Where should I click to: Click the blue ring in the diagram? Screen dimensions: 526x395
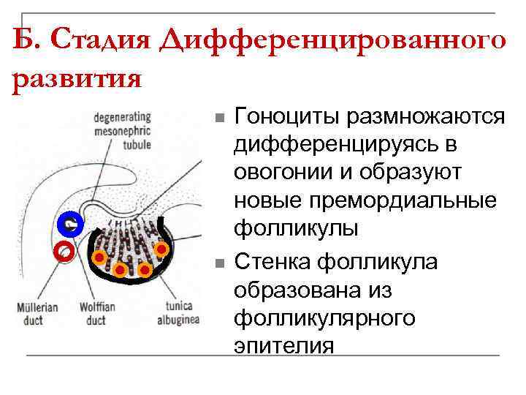pos(72,225)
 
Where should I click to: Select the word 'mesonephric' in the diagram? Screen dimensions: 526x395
pos(122,132)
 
